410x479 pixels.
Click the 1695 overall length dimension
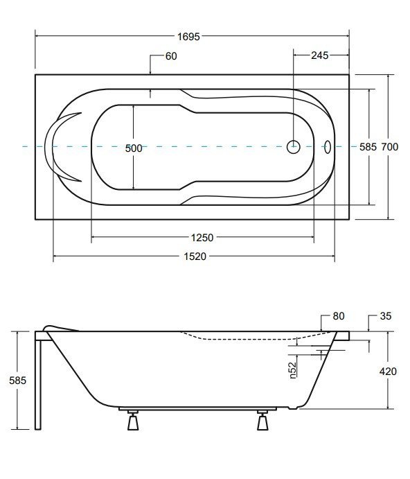tap(188, 37)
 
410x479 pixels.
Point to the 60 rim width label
tap(171, 56)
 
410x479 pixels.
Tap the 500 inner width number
tap(134, 148)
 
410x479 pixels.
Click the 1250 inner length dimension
tap(202, 237)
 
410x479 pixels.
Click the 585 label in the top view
tap(368, 147)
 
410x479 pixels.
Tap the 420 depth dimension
tap(388, 371)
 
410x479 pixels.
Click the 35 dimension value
tap(386, 316)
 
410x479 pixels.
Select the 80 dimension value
tap(338, 316)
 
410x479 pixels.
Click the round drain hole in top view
tap(294, 146)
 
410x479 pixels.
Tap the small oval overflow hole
tap(327, 146)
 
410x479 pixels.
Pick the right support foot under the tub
tap(262, 419)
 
